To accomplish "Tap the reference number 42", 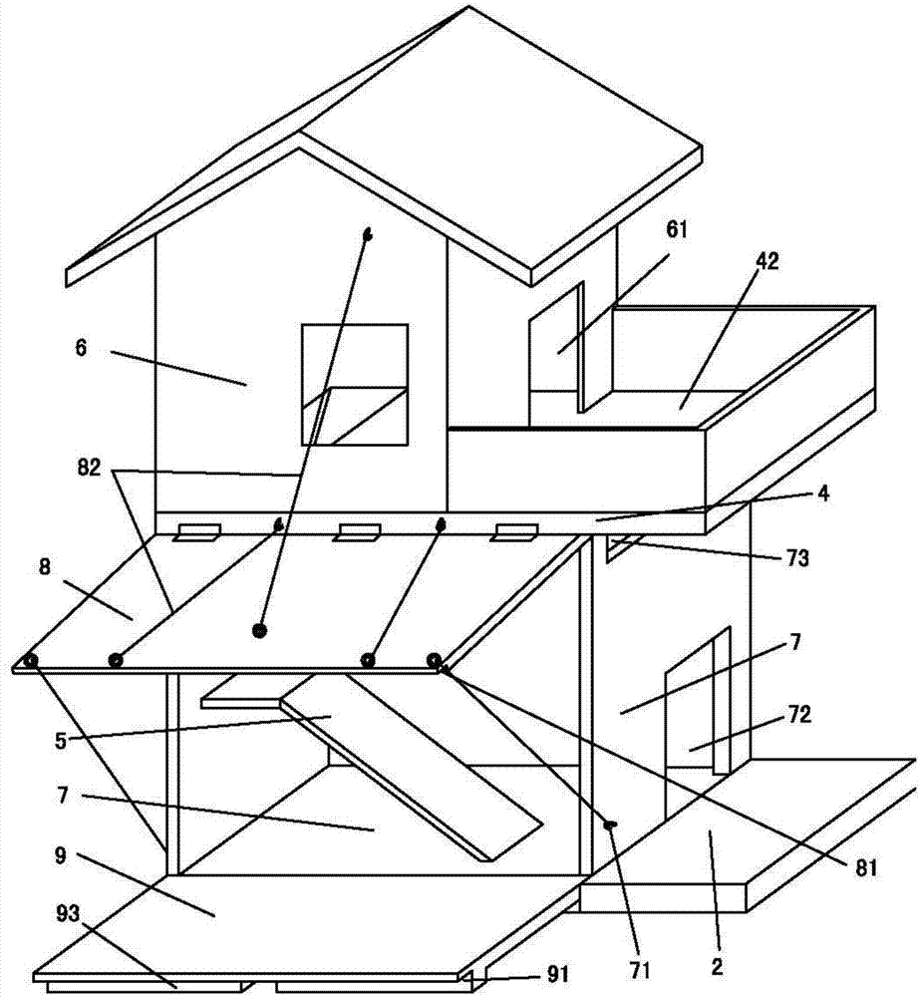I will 767,262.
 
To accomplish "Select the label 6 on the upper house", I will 81,348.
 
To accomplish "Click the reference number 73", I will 792,559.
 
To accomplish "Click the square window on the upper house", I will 355,383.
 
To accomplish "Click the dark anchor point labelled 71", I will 609,824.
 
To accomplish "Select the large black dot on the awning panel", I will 259,630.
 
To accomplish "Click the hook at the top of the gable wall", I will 367,235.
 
